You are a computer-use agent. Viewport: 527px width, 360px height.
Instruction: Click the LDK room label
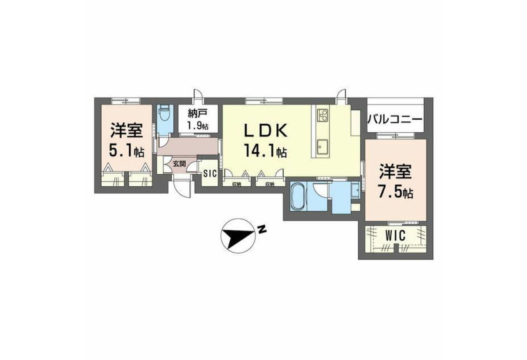click(266, 131)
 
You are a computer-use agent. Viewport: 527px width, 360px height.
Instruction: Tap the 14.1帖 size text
click(265, 151)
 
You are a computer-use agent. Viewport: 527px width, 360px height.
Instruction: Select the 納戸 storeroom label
click(198, 114)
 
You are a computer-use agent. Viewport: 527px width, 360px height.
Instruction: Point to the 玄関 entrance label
click(179, 164)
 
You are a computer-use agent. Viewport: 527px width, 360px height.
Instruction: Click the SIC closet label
click(210, 173)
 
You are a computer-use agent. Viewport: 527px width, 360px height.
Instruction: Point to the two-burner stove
click(322, 115)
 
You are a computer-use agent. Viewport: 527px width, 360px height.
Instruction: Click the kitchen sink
click(322, 147)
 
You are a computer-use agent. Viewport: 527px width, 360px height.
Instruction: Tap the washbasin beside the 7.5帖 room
click(355, 190)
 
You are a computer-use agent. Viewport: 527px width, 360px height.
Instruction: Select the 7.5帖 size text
click(396, 193)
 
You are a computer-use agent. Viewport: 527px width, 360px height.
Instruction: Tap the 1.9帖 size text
click(198, 126)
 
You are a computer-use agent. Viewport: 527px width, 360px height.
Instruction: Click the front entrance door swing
click(182, 189)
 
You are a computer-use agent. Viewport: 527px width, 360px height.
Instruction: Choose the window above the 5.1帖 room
click(126, 101)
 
